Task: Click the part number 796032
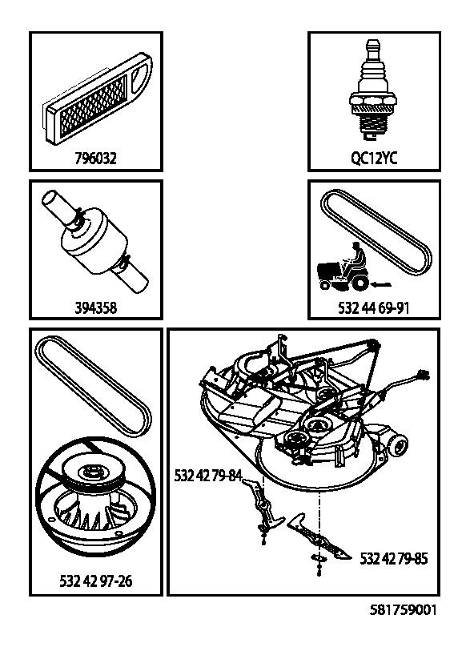click(x=95, y=159)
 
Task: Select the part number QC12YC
click(x=374, y=159)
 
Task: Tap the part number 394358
click(x=95, y=307)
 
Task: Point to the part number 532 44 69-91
click(x=374, y=307)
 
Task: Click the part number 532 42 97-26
click(x=95, y=581)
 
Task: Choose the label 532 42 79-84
click(x=208, y=476)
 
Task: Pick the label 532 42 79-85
click(x=393, y=558)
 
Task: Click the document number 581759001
click(x=404, y=610)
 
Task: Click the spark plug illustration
click(x=374, y=92)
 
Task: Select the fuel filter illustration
click(x=95, y=243)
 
